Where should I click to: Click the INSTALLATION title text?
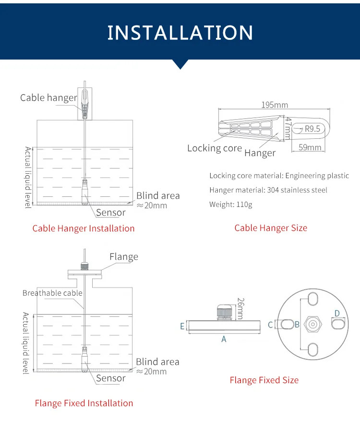tap(180, 32)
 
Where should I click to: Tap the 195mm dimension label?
tap(275, 105)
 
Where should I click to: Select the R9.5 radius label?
tap(312, 129)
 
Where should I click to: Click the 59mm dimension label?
tap(310, 147)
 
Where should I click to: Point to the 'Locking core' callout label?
tap(214, 148)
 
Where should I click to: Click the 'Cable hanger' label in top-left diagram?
tap(48, 98)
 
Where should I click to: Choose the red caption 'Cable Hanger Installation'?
tap(84, 228)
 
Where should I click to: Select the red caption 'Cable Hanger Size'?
tap(271, 228)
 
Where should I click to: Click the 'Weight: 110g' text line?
tap(230, 205)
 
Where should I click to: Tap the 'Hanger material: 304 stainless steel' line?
tap(268, 190)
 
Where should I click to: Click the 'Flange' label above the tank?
tap(123, 257)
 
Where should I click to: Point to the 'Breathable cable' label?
tap(52, 293)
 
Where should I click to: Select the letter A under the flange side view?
tap(224, 339)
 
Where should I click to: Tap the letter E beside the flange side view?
tap(182, 326)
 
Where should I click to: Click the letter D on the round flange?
tap(337, 314)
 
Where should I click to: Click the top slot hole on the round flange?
tap(312, 299)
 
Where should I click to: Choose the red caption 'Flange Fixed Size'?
tap(264, 380)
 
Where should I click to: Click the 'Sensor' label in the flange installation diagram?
tap(110, 378)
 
